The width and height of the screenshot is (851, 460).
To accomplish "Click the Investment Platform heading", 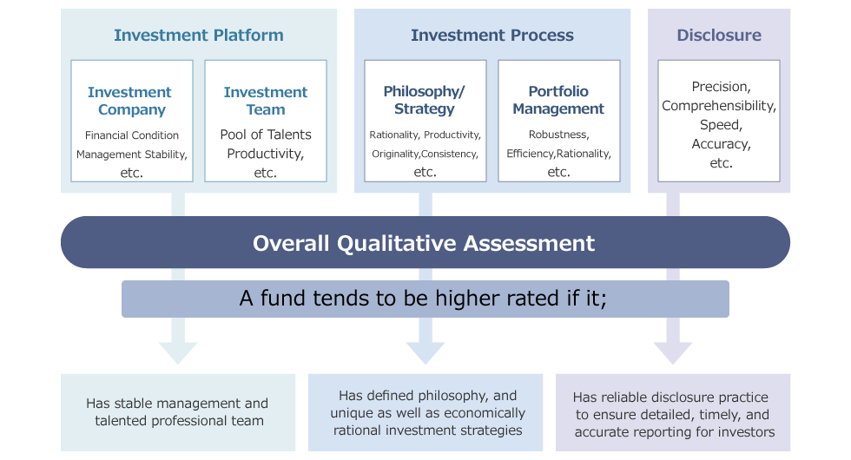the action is (199, 36).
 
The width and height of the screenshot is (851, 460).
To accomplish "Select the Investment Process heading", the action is (492, 36).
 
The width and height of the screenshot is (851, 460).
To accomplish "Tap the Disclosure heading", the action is (719, 36).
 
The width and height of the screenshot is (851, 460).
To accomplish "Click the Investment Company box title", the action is (130, 101).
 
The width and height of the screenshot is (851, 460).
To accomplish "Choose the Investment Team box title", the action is (266, 101).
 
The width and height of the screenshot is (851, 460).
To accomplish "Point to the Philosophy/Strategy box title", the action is (425, 100).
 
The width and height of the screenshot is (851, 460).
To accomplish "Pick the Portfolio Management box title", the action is (558, 100).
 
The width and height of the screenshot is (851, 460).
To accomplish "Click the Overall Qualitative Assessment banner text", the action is (424, 243).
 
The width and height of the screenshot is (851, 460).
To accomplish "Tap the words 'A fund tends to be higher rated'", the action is (400, 299).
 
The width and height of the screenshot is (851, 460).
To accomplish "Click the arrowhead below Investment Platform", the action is (178, 353).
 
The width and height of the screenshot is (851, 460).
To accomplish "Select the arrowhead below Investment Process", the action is (425, 353).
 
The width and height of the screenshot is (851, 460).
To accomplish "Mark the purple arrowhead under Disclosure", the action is (673, 353).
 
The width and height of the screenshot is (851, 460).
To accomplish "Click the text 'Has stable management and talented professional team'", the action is (177, 412).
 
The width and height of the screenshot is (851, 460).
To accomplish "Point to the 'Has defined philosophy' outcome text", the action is (427, 413).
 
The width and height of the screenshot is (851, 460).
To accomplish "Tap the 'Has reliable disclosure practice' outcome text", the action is (674, 415).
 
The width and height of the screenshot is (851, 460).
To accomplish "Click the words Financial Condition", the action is (132, 135).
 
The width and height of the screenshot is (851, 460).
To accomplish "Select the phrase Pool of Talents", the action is (266, 135).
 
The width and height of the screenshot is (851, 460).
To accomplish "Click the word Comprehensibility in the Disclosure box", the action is (719, 106).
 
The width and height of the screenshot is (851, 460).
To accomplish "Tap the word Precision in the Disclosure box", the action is (722, 87).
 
